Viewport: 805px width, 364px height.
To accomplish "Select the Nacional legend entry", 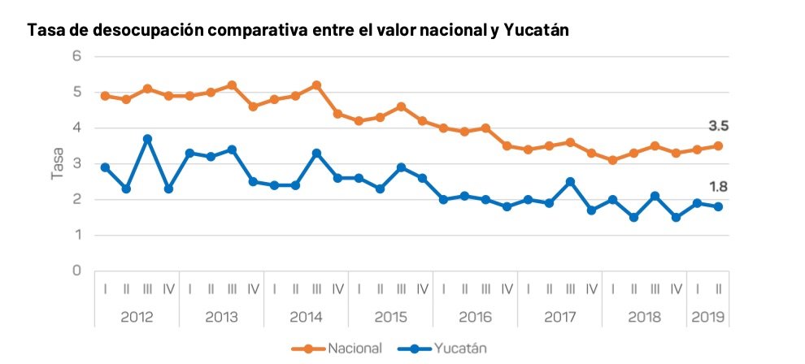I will point(355,349).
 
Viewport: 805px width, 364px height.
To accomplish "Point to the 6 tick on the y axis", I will point(77,56).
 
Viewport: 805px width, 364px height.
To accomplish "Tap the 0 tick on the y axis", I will point(77,271).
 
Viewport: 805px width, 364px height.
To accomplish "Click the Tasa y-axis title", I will point(58,163).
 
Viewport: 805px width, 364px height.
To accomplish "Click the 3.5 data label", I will point(719,126).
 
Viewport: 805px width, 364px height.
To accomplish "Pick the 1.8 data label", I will point(719,187).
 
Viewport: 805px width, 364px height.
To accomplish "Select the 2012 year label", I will point(137,317).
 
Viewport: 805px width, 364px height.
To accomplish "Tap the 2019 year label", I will point(708,317).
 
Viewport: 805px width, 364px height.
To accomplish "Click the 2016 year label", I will point(475,317).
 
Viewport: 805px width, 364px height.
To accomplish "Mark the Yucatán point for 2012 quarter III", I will point(147,139).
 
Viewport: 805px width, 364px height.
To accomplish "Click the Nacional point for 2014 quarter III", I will point(316,85).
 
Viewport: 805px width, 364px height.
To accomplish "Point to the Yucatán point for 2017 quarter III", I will point(570,182).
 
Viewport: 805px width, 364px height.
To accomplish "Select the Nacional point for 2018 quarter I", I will point(612,160).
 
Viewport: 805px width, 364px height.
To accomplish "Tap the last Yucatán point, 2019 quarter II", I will point(718,206).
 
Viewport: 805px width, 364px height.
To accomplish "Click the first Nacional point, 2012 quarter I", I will point(105,96).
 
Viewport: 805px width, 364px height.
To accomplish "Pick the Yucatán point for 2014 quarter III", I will point(316,153).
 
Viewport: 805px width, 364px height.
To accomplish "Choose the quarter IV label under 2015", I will point(422,288).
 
